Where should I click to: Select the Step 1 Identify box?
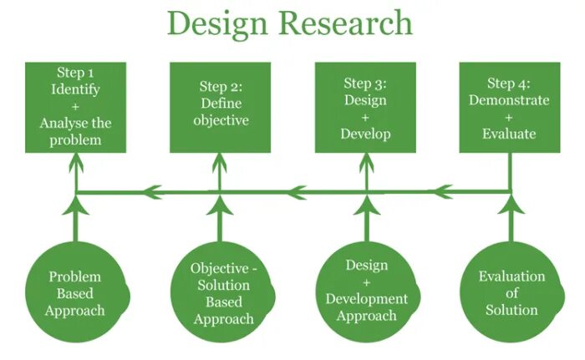[76, 107]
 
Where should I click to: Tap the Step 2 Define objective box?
[221, 107]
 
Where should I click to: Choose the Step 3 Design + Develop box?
[365, 107]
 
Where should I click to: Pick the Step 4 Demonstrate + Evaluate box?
[509, 107]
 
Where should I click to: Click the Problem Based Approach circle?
[76, 293]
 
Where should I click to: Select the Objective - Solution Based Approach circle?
[221, 293]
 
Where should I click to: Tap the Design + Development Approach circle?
[365, 293]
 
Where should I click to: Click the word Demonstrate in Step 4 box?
[509, 100]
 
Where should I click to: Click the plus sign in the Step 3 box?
[365, 117]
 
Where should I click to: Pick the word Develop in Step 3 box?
[365, 134]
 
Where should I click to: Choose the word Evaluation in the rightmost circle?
[511, 276]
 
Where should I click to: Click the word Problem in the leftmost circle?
[75, 276]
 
